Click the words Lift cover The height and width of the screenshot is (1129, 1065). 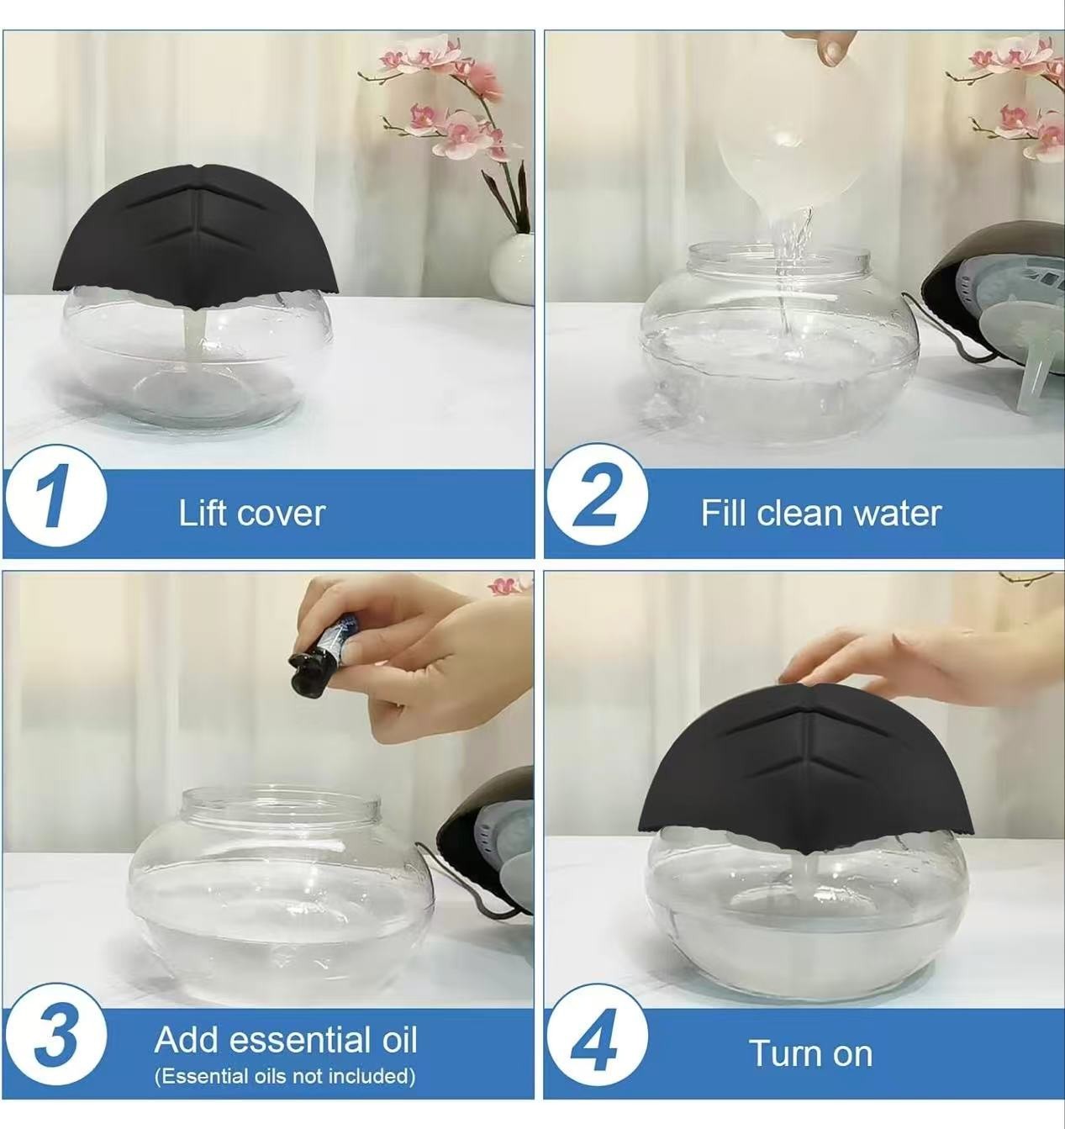[251, 514]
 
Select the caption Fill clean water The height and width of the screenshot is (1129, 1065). [820, 514]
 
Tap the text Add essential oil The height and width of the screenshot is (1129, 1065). [286, 1040]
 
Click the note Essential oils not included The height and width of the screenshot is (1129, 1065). [285, 1076]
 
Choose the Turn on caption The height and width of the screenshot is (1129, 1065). [810, 1053]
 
